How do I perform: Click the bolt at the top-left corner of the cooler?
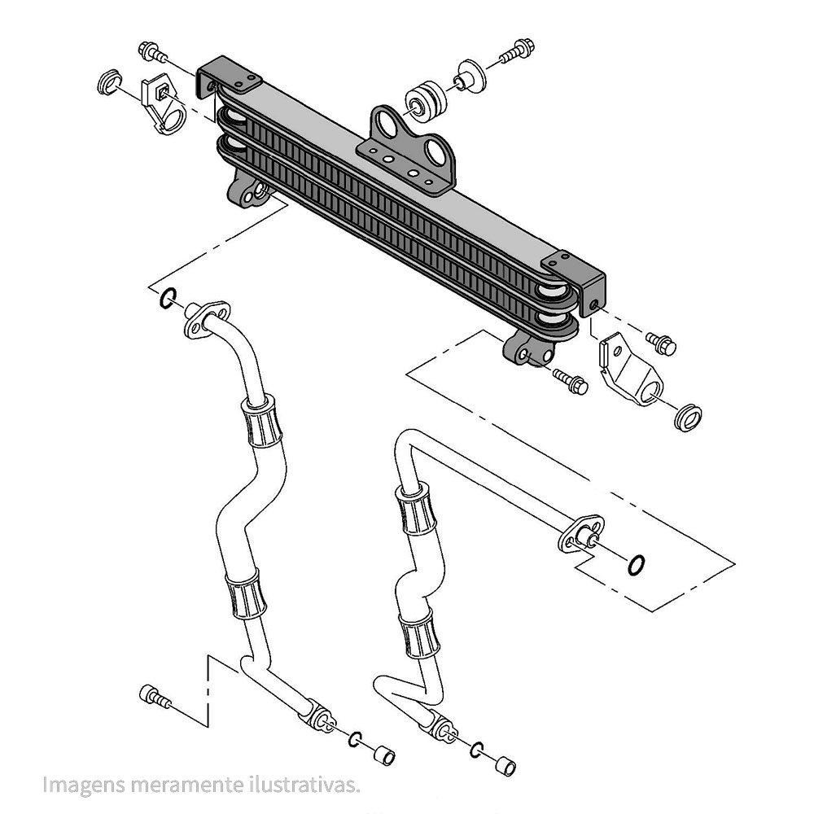(x=151, y=52)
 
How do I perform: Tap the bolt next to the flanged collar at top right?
(x=515, y=50)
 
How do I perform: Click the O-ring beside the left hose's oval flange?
(x=167, y=298)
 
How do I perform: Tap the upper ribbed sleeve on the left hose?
(x=260, y=421)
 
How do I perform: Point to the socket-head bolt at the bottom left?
(x=155, y=697)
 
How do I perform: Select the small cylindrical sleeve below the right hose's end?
(x=505, y=766)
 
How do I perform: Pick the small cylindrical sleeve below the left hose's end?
(x=383, y=755)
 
